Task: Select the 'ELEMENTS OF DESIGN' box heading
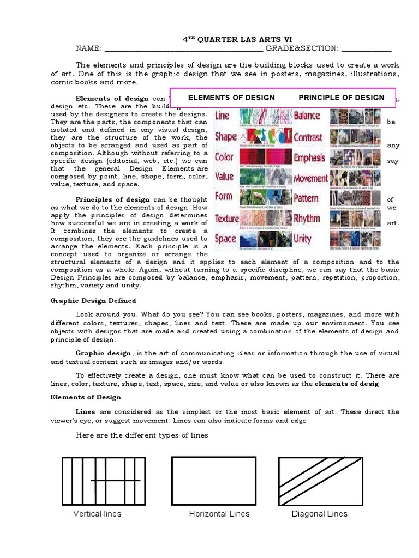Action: [x=231, y=98]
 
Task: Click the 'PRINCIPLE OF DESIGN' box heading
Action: [x=342, y=98]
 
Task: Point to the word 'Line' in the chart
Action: [x=223, y=116]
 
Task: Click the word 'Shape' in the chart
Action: [x=225, y=136]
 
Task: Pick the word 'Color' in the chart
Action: [x=224, y=157]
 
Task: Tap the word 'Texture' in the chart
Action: [x=227, y=218]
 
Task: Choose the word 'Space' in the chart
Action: [x=225, y=238]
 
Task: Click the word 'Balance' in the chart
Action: [x=307, y=116]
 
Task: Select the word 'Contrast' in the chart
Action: [x=308, y=137]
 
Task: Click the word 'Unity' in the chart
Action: [x=303, y=238]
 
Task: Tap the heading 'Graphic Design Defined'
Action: [x=93, y=301]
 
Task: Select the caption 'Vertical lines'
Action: [x=97, y=514]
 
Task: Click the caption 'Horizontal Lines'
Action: [x=219, y=514]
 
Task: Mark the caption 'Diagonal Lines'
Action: [x=320, y=514]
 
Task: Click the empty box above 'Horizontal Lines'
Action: [x=214, y=480]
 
